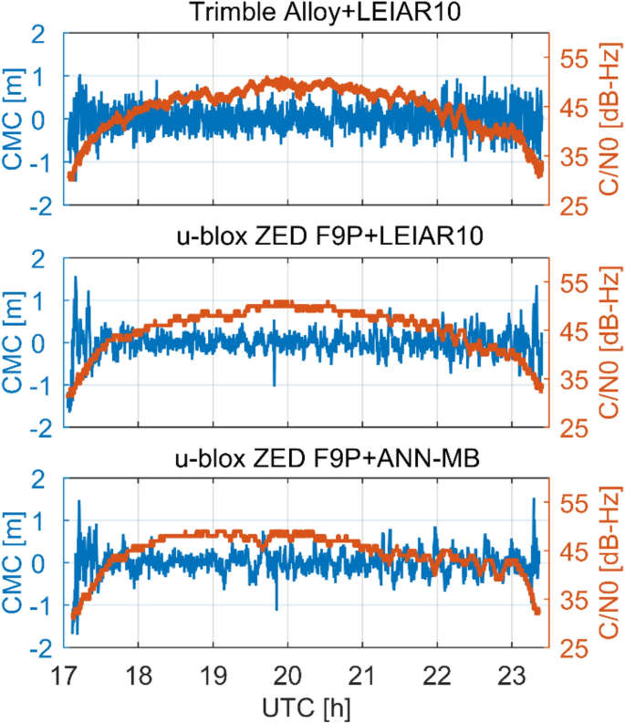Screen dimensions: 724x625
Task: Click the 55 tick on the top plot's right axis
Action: click(x=570, y=59)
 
